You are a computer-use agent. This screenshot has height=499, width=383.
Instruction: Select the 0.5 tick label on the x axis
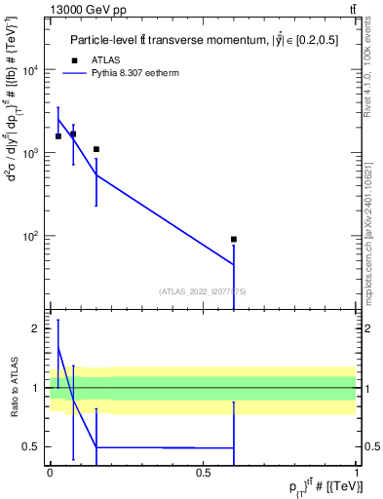pyautogui.click(x=203, y=472)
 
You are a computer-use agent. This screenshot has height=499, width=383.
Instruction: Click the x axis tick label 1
pyautogui.click(x=358, y=472)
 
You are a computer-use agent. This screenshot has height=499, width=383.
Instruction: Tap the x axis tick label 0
pyautogui.click(x=50, y=472)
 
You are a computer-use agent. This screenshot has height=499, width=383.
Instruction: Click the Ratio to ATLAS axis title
pyautogui.click(x=16, y=387)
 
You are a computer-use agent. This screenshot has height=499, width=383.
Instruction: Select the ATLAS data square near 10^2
pyautogui.click(x=234, y=239)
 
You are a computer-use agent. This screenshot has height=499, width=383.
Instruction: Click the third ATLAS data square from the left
pyautogui.click(x=96, y=149)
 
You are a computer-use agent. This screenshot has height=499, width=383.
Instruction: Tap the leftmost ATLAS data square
pyautogui.click(x=58, y=136)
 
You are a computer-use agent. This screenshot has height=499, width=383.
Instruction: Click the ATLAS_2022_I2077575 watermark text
pyautogui.click(x=203, y=290)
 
